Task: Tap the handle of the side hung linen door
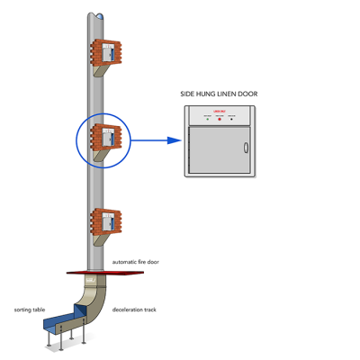coord(246,149)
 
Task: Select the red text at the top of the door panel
coord(219,111)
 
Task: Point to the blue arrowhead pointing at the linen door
coord(170,140)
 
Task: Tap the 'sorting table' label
coord(29,308)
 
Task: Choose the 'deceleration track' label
coord(135,309)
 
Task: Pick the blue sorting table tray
coord(63,321)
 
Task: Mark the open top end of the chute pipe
coord(97,14)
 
